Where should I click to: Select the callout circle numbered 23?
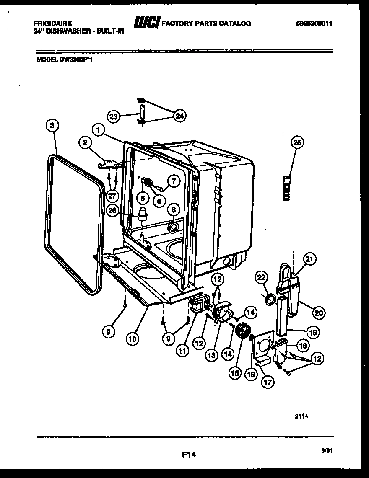113,116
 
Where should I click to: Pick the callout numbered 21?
309,260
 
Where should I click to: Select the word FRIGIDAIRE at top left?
52,23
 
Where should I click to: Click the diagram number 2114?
301,416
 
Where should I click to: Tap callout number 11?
182,351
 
